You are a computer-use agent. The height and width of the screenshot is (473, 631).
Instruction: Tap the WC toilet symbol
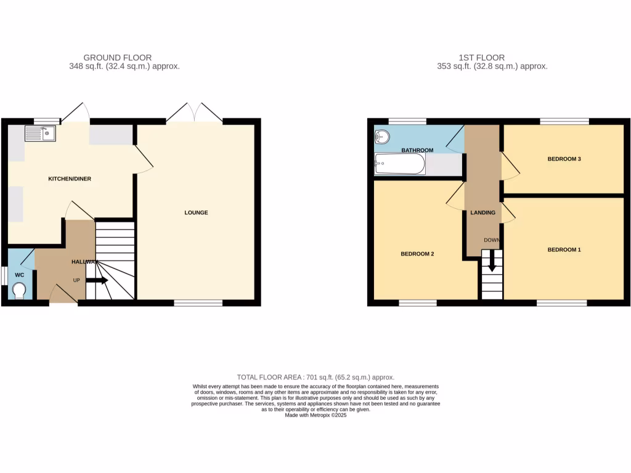(x=19, y=290)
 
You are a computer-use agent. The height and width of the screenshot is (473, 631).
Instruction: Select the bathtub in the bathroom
(x=399, y=164)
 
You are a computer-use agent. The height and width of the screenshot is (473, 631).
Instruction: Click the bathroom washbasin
(x=382, y=137)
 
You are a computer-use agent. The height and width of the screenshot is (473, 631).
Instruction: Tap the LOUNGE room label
(x=196, y=212)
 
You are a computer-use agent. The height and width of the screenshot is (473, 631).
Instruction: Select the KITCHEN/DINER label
(x=70, y=179)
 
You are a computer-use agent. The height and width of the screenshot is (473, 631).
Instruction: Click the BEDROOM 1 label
(x=564, y=249)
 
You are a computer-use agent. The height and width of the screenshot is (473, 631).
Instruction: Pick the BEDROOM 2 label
(x=418, y=253)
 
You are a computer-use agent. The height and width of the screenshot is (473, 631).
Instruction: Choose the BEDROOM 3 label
(x=564, y=159)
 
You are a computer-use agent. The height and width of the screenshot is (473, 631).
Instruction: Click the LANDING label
(x=482, y=212)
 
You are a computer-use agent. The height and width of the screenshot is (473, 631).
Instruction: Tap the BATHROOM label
(x=417, y=150)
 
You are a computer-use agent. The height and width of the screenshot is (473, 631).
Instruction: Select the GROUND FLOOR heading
(x=117, y=58)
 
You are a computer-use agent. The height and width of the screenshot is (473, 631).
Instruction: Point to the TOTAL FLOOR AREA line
(x=315, y=377)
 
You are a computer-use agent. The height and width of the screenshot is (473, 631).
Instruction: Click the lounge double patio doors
(x=195, y=113)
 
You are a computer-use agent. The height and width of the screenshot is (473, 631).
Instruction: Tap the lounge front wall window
(x=198, y=303)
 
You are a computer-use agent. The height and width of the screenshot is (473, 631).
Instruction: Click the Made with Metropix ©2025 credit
(x=315, y=415)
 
